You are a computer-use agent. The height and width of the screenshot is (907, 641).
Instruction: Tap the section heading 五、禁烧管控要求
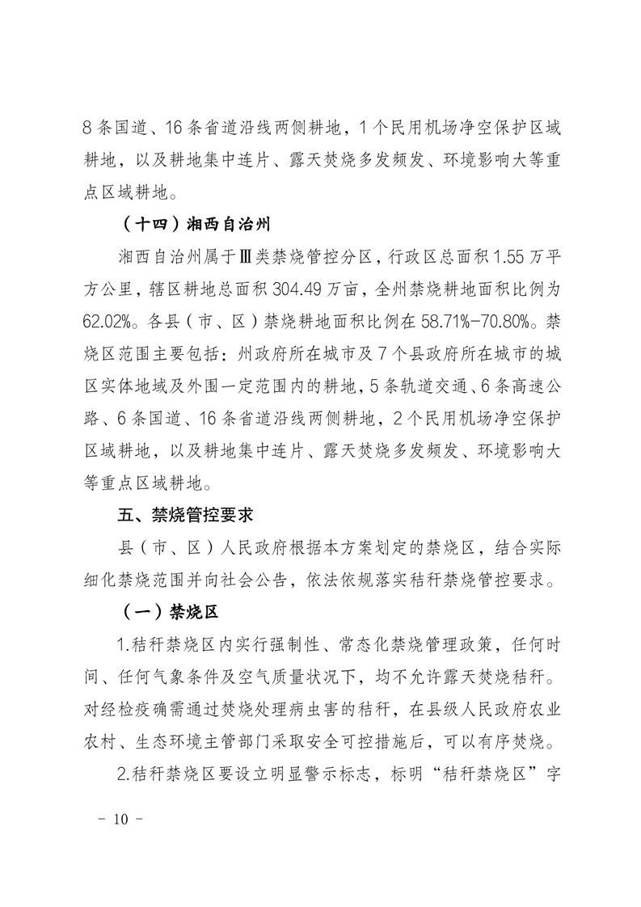pos(187,514)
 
